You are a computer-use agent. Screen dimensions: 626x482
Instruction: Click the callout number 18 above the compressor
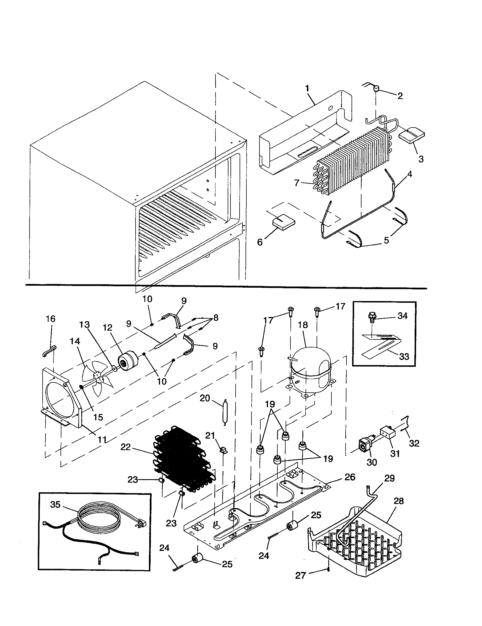point(303,325)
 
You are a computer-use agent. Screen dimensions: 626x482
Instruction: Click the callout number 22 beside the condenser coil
point(125,447)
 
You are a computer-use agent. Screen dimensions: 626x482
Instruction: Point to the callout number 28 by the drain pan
point(399,501)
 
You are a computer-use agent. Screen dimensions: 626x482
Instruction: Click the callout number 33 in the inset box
point(404,357)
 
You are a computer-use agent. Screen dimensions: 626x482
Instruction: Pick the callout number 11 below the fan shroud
point(102,439)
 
